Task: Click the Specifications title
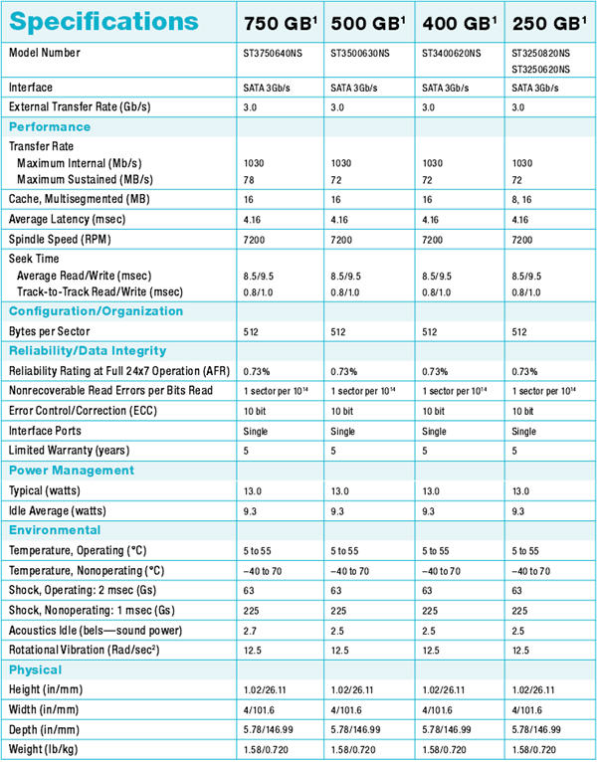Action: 104,22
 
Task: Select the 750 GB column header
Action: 280,23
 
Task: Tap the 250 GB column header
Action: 549,23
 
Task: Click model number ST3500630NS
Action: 360,53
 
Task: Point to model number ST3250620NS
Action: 540,70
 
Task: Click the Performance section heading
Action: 50,127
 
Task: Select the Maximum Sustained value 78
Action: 249,180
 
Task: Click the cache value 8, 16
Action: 521,200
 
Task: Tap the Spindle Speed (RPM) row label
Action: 60,239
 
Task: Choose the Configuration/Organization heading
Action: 96,311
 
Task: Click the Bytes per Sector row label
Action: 49,331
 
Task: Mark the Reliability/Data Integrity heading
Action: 88,351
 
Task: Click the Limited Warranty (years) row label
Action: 69,451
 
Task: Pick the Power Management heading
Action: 72,471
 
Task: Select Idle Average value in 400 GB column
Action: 428,511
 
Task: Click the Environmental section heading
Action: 55,530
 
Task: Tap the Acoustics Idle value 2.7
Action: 250,631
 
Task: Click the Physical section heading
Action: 35,670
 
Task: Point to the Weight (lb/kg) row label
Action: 43,749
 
